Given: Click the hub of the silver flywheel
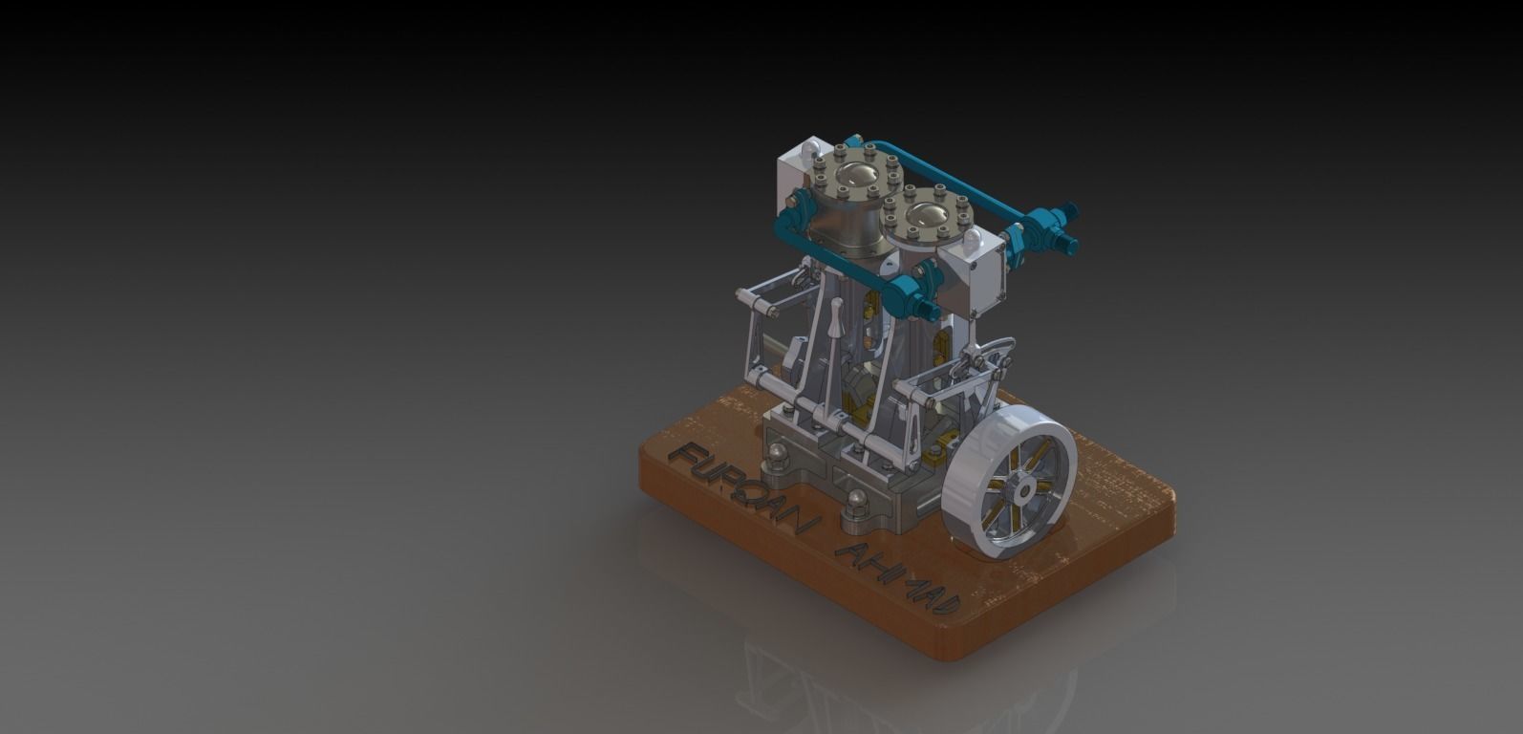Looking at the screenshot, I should click(1022, 490).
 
